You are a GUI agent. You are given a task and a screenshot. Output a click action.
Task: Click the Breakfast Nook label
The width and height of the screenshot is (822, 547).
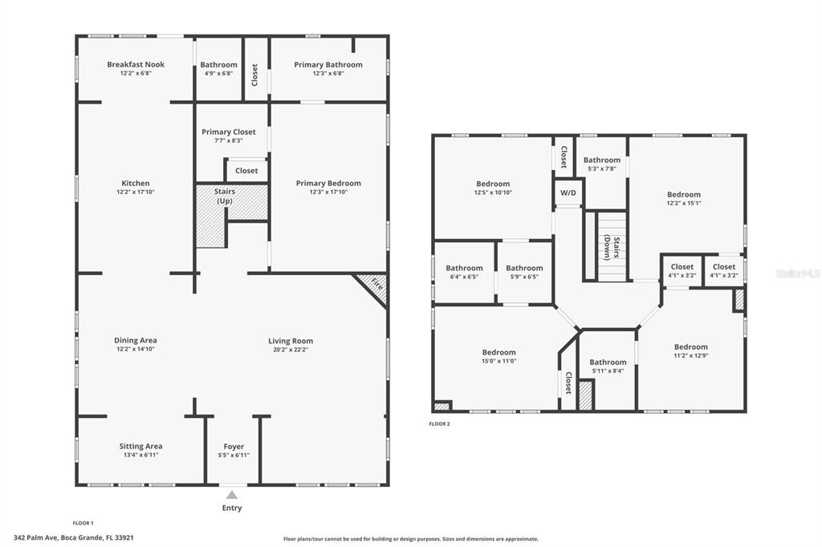click(x=136, y=65)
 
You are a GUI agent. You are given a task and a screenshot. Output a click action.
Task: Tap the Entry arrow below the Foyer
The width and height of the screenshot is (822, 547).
click(x=232, y=496)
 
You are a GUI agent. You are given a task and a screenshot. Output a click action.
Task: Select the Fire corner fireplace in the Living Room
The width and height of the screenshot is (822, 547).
click(x=373, y=286)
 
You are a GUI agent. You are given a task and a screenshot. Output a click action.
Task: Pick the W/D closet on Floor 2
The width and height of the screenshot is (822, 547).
click(x=568, y=192)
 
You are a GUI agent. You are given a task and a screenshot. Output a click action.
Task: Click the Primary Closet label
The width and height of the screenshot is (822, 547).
click(x=229, y=132)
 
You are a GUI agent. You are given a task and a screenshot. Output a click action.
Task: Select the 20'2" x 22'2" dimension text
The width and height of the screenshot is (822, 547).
click(x=291, y=350)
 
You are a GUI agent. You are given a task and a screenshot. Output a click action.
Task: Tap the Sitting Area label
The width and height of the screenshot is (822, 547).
click(x=141, y=446)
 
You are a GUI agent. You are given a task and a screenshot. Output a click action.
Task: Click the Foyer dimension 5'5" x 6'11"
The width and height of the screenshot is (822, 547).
click(x=234, y=456)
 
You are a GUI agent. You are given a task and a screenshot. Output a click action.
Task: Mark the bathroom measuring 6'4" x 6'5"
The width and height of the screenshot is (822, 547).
click(x=464, y=272)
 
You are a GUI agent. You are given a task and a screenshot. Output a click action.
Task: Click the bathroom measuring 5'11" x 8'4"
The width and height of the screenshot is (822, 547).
click(x=608, y=367)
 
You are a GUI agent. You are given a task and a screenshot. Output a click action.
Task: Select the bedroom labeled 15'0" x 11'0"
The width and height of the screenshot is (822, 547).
click(x=498, y=357)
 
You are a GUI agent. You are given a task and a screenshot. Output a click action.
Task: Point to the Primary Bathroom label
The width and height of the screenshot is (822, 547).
click(x=328, y=65)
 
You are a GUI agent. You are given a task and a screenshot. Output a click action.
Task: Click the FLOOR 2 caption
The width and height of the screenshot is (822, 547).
click(x=439, y=423)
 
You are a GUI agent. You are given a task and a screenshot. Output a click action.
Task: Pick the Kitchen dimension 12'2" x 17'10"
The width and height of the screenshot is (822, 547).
click(x=136, y=192)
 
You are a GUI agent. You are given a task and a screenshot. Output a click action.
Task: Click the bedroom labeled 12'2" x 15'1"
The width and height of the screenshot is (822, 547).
click(x=684, y=199)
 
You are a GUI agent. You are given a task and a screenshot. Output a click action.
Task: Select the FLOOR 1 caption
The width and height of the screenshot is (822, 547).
click(x=83, y=523)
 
